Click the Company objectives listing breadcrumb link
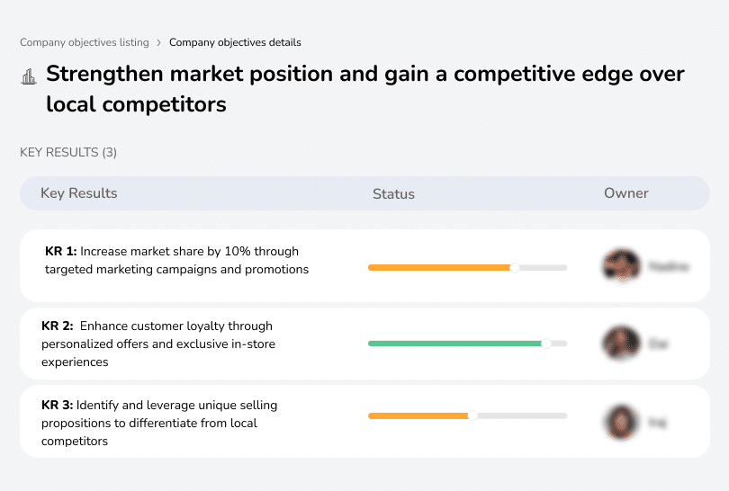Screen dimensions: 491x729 (85, 42)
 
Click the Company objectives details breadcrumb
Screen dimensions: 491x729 (235, 42)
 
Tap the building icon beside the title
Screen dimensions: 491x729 (28, 76)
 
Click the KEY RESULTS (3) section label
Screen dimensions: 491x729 (68, 153)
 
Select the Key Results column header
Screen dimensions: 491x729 (78, 193)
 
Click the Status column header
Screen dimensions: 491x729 (393, 193)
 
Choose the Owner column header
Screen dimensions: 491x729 (625, 193)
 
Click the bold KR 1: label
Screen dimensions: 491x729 (60, 251)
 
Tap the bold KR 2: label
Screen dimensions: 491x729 (58, 326)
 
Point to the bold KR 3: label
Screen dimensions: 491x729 (58, 406)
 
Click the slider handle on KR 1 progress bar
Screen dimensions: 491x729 (515, 267)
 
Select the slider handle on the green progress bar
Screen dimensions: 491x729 (545, 343)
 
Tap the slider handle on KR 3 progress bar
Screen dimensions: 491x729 (472, 415)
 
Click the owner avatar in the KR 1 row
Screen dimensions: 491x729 (621, 266)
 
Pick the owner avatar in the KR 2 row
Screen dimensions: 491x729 (621, 343)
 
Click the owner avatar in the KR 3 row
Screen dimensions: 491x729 (621, 421)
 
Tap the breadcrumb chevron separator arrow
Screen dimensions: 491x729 (158, 42)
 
